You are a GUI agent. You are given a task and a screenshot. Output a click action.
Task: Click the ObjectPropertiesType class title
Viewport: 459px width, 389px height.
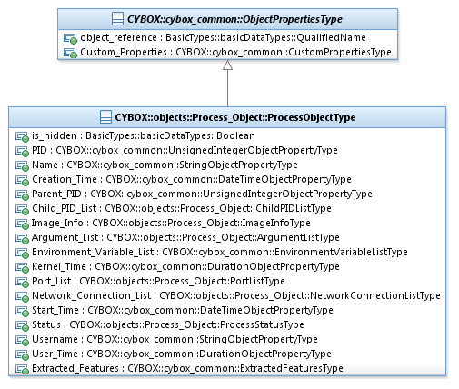tap(234, 19)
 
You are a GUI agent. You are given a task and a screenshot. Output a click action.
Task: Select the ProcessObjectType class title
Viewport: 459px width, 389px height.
tap(235, 117)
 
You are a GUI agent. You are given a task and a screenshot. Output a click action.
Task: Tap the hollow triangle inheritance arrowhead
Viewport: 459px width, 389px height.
tap(227, 65)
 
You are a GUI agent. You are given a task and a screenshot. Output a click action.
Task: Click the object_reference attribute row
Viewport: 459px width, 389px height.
tap(223, 37)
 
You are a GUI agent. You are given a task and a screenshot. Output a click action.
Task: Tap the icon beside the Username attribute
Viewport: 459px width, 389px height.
tap(22, 340)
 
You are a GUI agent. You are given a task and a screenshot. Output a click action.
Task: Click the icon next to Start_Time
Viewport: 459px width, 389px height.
tap(22, 311)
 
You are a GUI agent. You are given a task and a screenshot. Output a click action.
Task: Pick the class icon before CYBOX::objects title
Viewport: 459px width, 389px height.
tap(105, 117)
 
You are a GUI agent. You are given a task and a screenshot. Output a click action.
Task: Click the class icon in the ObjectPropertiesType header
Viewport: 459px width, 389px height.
tap(118, 19)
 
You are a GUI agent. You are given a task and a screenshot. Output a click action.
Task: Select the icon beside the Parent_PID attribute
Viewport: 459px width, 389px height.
tap(22, 194)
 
